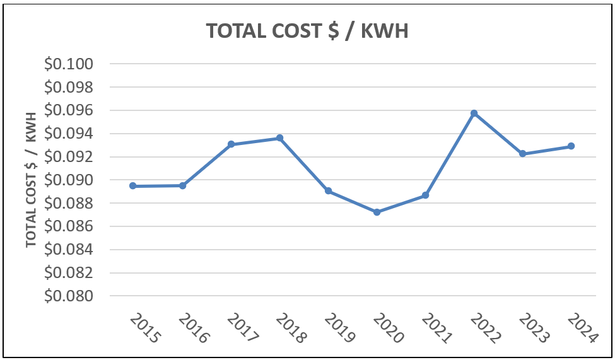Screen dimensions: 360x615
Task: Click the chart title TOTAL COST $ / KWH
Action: click(x=307, y=31)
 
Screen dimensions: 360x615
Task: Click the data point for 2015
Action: click(x=133, y=186)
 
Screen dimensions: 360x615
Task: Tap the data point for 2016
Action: click(x=182, y=185)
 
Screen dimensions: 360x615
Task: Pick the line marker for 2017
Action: click(x=231, y=144)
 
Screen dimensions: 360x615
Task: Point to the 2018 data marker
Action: click(x=279, y=138)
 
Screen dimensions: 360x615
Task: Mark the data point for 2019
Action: click(x=328, y=191)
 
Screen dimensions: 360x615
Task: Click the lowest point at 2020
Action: click(x=377, y=212)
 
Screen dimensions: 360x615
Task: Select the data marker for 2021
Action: click(x=425, y=195)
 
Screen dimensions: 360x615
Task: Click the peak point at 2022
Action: click(x=474, y=113)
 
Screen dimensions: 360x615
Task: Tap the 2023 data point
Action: click(x=522, y=154)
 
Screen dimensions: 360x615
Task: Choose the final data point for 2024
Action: click(x=571, y=146)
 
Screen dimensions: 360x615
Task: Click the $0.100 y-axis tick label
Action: click(x=68, y=64)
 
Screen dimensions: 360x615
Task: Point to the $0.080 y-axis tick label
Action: click(x=68, y=296)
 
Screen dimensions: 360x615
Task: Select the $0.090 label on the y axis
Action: click(x=68, y=180)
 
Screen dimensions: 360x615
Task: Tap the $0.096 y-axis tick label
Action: click(x=68, y=111)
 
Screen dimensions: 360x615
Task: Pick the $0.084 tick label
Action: click(x=68, y=250)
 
